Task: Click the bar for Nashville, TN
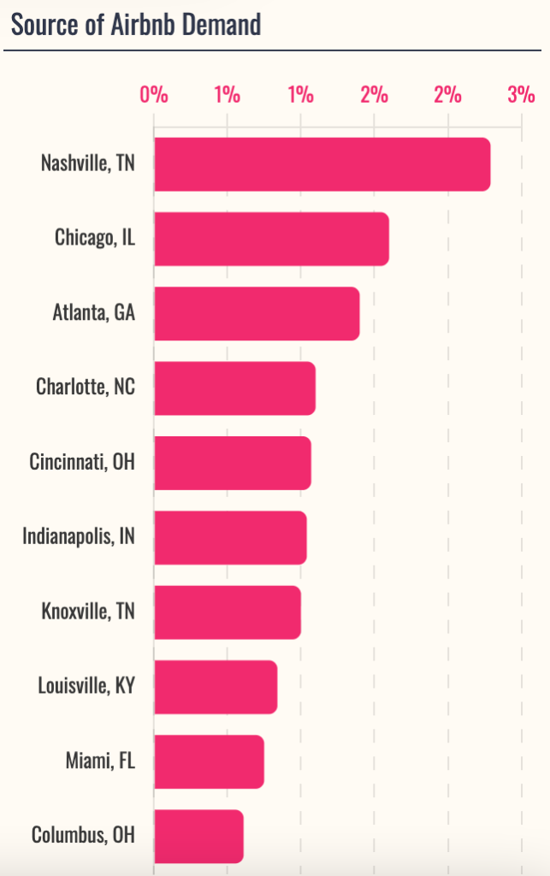pos(322,164)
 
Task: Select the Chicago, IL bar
pos(271,239)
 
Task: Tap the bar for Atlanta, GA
pos(257,314)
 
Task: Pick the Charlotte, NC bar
pos(234,388)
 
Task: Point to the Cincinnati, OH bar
pos(233,463)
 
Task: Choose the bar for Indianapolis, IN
pos(230,537)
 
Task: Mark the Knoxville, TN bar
pos(228,612)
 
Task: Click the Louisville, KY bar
pos(216,687)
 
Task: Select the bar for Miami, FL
pos(209,761)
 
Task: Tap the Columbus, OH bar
pos(198,836)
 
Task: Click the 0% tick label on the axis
pos(154,94)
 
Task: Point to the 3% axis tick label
pos(521,94)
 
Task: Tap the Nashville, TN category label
pos(87,163)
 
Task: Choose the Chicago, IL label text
pos(94,237)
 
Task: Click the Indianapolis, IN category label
pos(78,536)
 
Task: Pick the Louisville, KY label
pos(86,685)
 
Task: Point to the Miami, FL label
pos(100,760)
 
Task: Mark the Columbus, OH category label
pos(82,834)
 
